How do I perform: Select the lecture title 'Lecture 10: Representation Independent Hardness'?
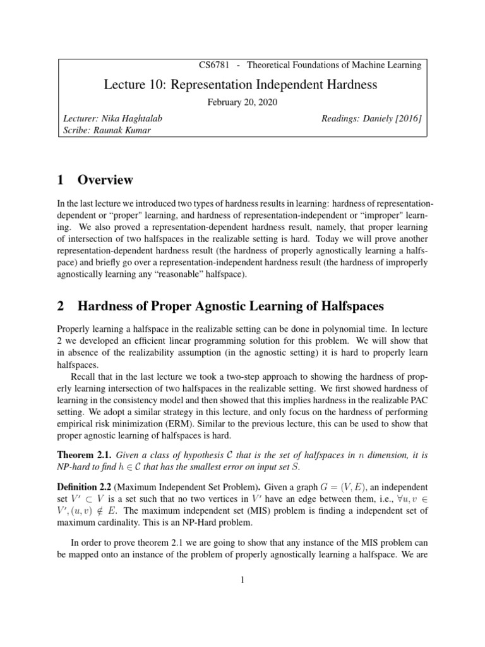click(242, 85)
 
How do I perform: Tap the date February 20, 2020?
click(242, 102)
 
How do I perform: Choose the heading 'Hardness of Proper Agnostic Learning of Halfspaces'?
click(230, 307)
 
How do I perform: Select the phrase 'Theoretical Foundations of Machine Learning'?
click(334, 65)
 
